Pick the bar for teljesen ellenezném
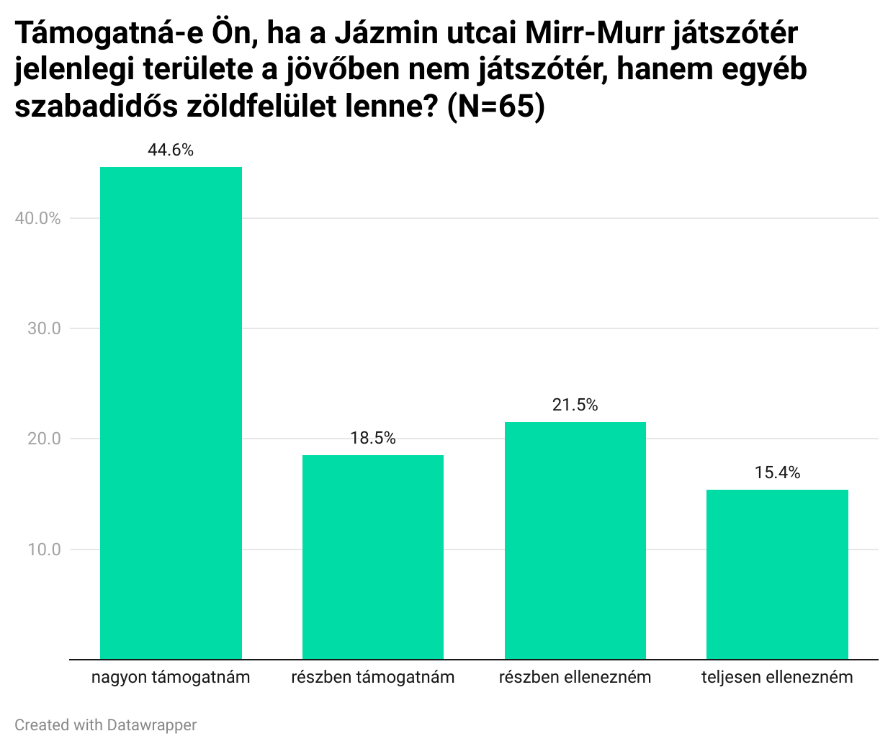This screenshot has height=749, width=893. [777, 574]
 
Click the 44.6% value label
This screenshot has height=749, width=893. [171, 150]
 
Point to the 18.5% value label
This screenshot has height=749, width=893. [373, 438]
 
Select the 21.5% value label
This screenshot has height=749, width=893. [575, 405]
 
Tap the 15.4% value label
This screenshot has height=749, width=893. [777, 472]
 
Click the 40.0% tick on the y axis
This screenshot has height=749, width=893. [37, 218]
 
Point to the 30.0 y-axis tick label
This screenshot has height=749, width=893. [44, 328]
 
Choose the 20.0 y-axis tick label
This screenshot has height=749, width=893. [44, 439]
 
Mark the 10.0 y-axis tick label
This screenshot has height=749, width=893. [44, 550]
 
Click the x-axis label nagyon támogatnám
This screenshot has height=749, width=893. [171, 677]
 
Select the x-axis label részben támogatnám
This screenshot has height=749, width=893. [373, 677]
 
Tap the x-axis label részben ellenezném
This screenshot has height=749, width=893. [575, 677]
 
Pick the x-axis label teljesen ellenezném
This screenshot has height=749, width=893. [777, 677]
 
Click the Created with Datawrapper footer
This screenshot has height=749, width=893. [105, 725]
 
